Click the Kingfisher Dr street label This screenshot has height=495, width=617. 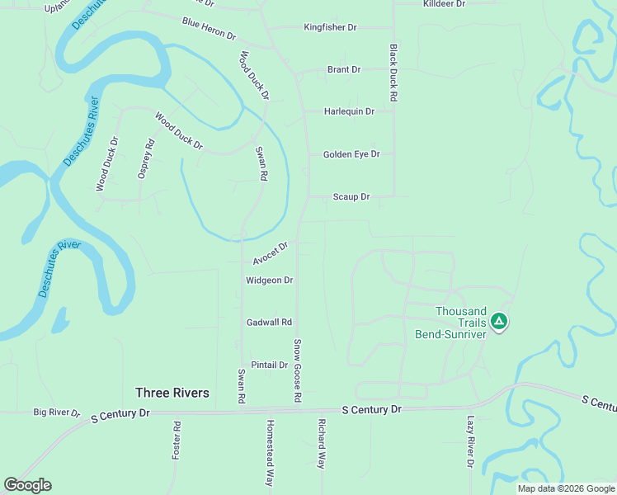330,27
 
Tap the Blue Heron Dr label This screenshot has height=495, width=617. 209,30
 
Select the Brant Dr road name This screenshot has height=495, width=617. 344,69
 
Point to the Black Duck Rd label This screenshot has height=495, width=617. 393,73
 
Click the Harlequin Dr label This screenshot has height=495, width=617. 349,111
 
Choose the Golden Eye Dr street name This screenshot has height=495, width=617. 351,154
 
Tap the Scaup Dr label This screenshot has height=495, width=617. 351,197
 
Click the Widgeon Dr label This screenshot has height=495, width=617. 270,280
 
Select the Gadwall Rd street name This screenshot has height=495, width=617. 270,322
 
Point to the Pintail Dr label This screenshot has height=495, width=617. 270,365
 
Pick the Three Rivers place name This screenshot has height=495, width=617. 172,393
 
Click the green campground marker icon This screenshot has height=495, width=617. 498,321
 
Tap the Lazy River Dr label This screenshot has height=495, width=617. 470,441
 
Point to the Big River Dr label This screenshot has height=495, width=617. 56,412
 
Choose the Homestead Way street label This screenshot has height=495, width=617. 269,453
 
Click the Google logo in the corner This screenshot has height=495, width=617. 27,485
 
